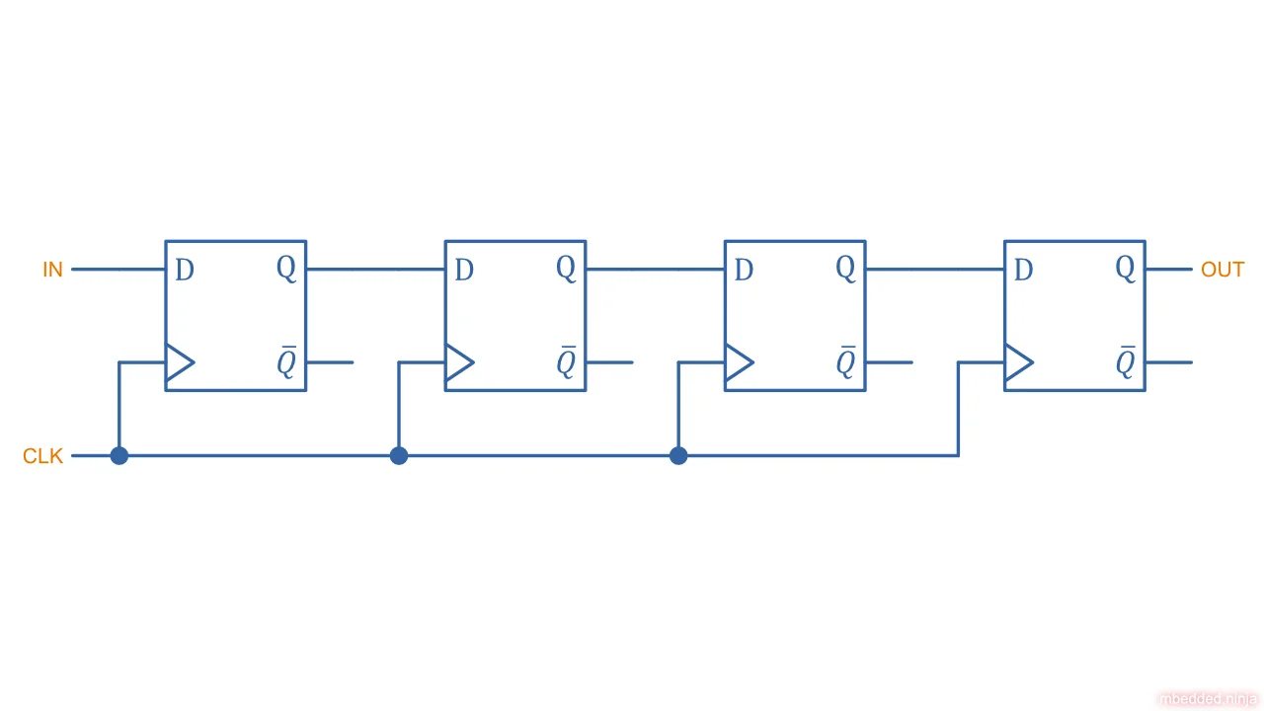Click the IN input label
click(52, 270)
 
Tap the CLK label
click(42, 456)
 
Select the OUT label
click(1222, 270)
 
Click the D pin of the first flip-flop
click(185, 270)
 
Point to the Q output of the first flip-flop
click(285, 268)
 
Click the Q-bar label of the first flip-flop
click(285, 363)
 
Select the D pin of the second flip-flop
click(464, 270)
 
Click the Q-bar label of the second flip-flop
click(566, 363)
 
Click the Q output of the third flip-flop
click(845, 268)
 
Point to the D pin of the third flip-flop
click(744, 270)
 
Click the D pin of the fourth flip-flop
click(1024, 270)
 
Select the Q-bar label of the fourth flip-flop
click(1125, 363)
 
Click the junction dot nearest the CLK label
click(118, 455)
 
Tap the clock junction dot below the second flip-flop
click(399, 455)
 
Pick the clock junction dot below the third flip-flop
click(678, 455)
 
